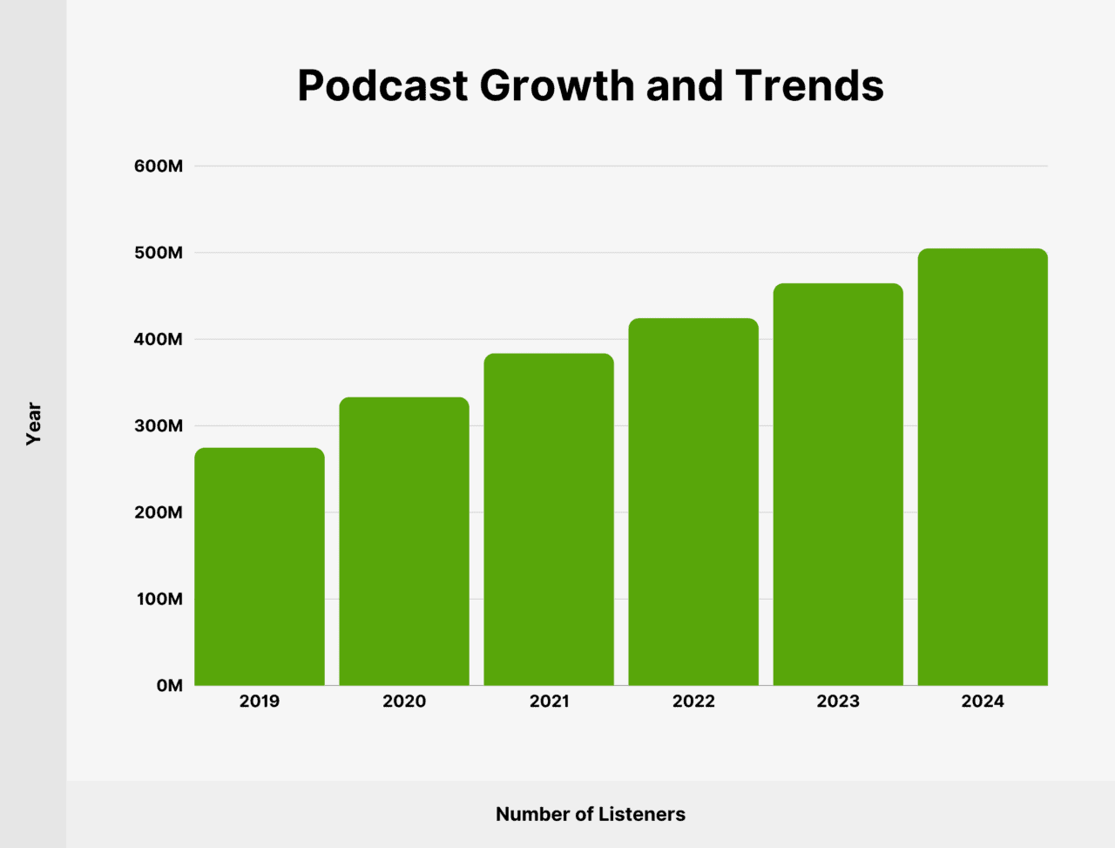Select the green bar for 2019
pos(260,566)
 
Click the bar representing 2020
pos(404,541)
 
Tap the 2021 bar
pos(549,519)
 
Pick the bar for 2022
pos(693,502)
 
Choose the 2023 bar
pos(838,485)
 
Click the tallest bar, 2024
pos(983,467)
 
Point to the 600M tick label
pos(159,166)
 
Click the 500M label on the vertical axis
pos(159,253)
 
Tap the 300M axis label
pos(159,426)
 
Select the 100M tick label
pos(159,600)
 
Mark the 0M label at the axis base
pos(170,686)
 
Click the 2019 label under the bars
pos(260,702)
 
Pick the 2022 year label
pos(693,702)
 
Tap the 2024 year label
pos(983,702)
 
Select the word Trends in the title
pos(809,86)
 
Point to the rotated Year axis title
pos(34,424)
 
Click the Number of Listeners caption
pos(591,814)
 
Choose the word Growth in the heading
pos(557,86)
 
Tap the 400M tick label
pos(159,340)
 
